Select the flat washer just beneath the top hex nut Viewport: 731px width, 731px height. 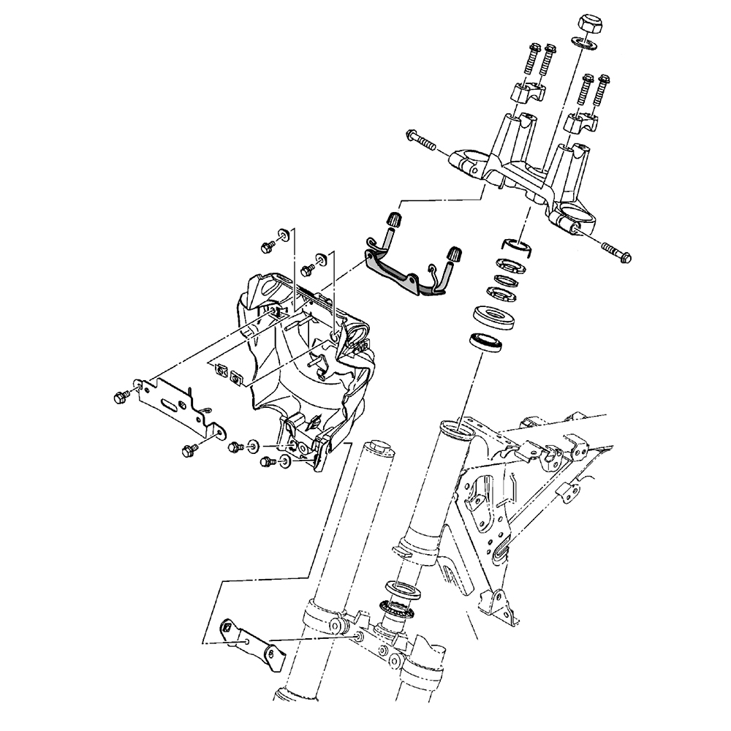583,45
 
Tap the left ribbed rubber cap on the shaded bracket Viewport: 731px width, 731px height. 395,219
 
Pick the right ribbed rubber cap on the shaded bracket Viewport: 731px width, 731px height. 454,253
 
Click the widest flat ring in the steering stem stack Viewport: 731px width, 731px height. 495,318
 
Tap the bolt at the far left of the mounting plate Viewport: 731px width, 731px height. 120,396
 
